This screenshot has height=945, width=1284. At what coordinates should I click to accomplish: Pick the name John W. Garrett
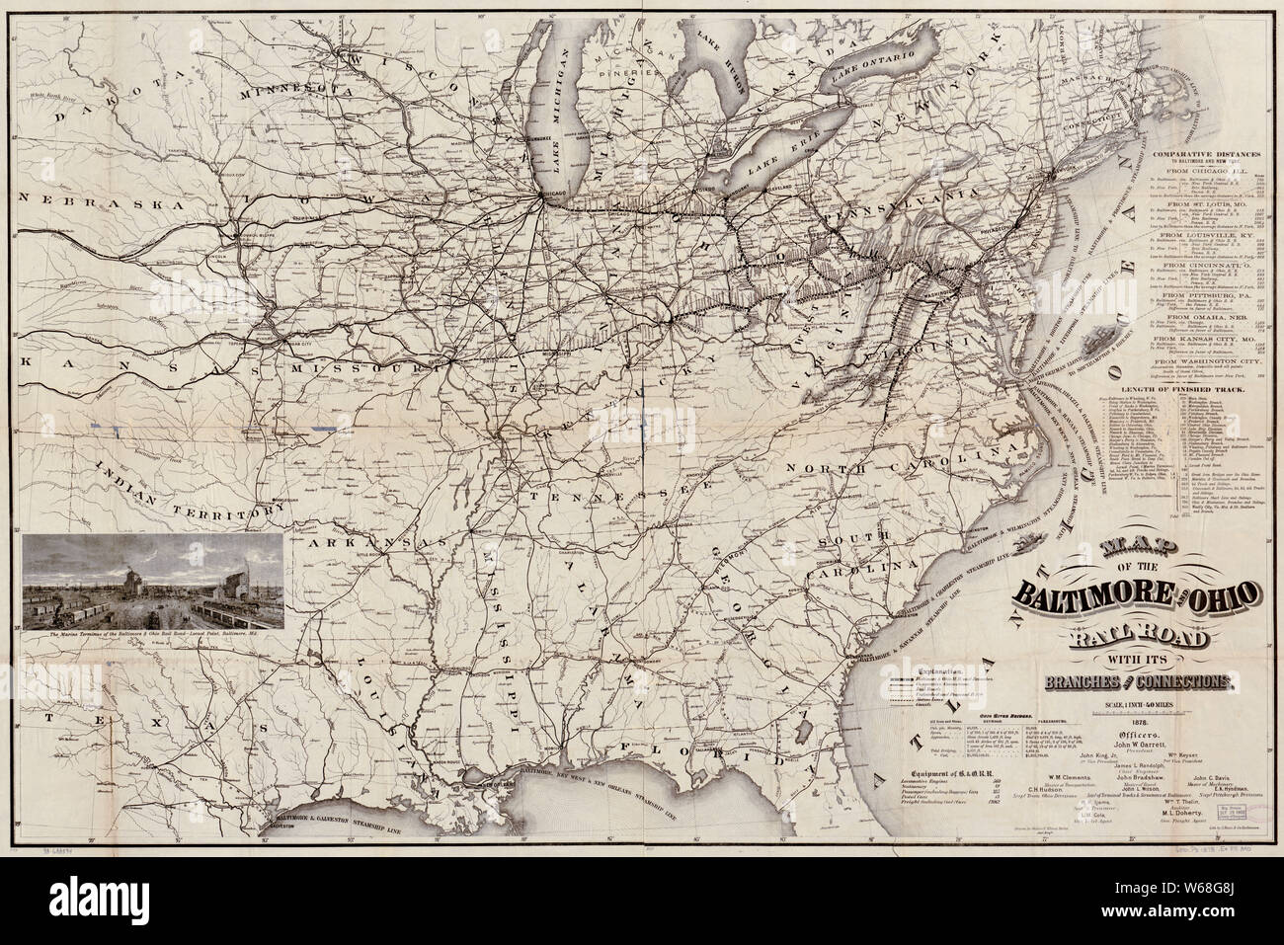click(x=1132, y=748)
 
